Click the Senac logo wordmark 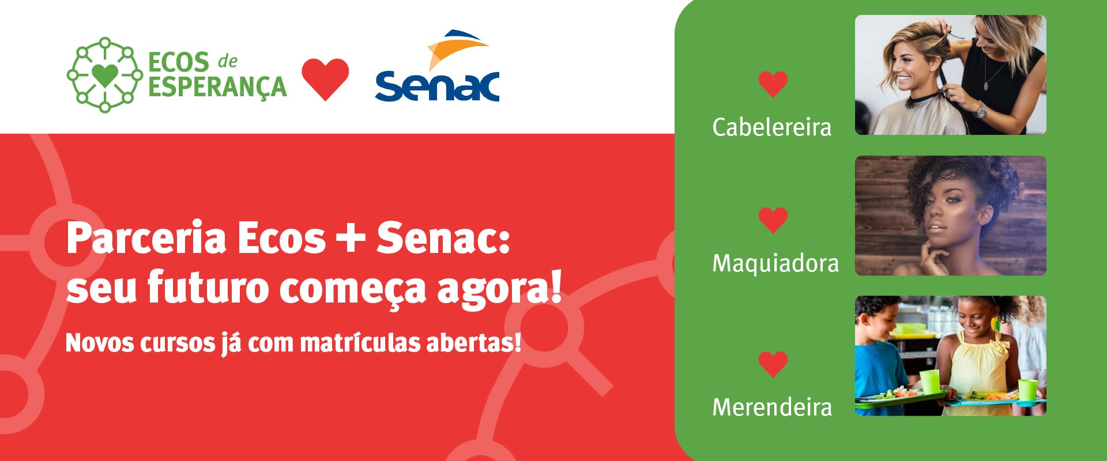[x=437, y=86]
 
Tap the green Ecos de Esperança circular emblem [x=105, y=74]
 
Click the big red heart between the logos [x=325, y=80]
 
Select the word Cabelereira [x=771, y=127]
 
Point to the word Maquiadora [x=775, y=263]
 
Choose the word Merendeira [x=772, y=407]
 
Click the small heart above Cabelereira [x=773, y=84]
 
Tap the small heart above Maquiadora [x=773, y=220]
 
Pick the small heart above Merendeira [x=773, y=364]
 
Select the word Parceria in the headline [x=146, y=238]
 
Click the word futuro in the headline [x=208, y=287]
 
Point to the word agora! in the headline [x=499, y=288]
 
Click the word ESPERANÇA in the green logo [x=217, y=88]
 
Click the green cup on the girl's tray [x=1027, y=390]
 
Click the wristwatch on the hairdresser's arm [x=980, y=109]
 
